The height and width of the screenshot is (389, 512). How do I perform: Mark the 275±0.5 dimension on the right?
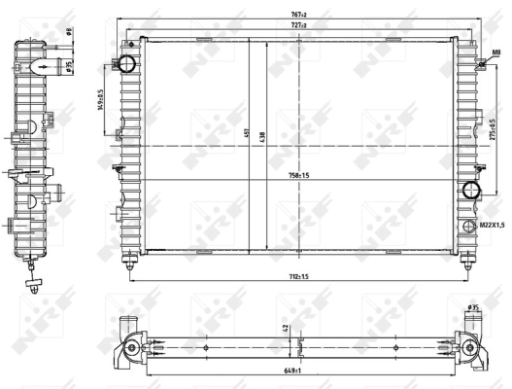point(491,130)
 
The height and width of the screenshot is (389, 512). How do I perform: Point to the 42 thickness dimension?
point(285,329)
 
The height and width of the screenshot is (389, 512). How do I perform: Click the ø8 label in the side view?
point(70,30)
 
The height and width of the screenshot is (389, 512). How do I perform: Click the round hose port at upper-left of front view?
point(126,65)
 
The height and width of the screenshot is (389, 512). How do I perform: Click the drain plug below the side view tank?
point(32,284)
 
